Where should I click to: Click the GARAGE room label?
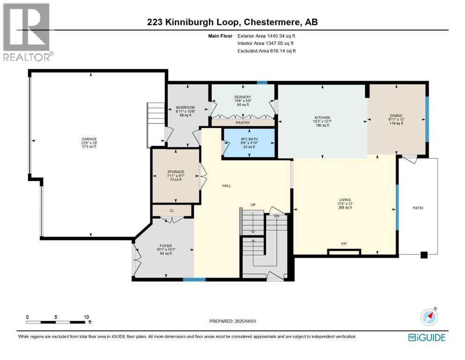pyautogui.click(x=89, y=139)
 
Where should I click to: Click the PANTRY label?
pyautogui.click(x=243, y=123)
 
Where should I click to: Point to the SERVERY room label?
pyautogui.click(x=243, y=97)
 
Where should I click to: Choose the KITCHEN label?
pyautogui.click(x=322, y=118)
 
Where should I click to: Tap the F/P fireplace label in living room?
pyautogui.click(x=344, y=244)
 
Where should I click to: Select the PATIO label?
pyautogui.click(x=418, y=207)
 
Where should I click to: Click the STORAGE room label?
pyautogui.click(x=176, y=172)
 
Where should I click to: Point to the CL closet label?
pyautogui.click(x=171, y=211)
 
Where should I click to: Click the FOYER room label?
pyautogui.click(x=164, y=245)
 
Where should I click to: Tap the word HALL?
pyautogui.click(x=227, y=186)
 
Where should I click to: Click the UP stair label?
pyautogui.click(x=252, y=205)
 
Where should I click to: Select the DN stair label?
pyautogui.click(x=277, y=217)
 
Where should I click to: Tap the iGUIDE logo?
pyautogui.click(x=426, y=337)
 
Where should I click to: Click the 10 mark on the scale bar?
pyautogui.click(x=86, y=317)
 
